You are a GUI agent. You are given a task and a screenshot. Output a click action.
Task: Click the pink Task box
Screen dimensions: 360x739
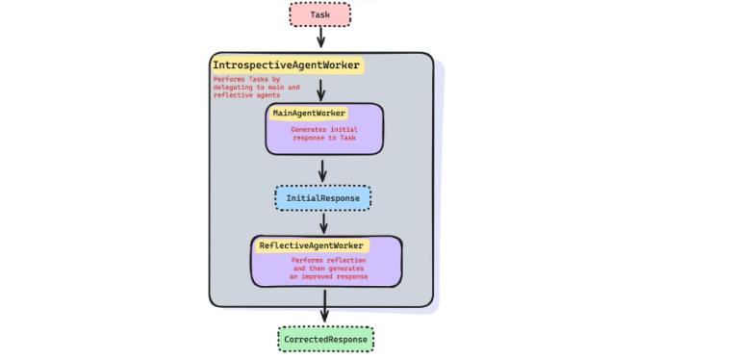pyautogui.click(x=319, y=14)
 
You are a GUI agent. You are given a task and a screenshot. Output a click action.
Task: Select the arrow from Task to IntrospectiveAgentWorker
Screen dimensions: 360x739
pyautogui.click(x=320, y=38)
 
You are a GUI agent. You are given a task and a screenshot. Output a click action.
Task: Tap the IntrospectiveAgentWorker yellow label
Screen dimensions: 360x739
pyautogui.click(x=286, y=65)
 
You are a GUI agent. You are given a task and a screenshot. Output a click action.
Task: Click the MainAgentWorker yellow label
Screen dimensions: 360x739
pyautogui.click(x=309, y=113)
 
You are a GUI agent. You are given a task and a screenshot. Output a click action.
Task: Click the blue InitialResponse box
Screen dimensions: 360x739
pyautogui.click(x=322, y=198)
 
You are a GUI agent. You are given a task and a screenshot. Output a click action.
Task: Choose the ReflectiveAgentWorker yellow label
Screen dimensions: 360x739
pyautogui.click(x=311, y=245)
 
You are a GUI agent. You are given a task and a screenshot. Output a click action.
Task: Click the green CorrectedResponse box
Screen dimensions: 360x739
pyautogui.click(x=325, y=340)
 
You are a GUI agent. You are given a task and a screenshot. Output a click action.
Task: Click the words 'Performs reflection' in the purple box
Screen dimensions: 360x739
pyautogui.click(x=330, y=260)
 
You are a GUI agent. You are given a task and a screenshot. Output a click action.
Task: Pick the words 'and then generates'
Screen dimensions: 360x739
pyautogui.click(x=330, y=269)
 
